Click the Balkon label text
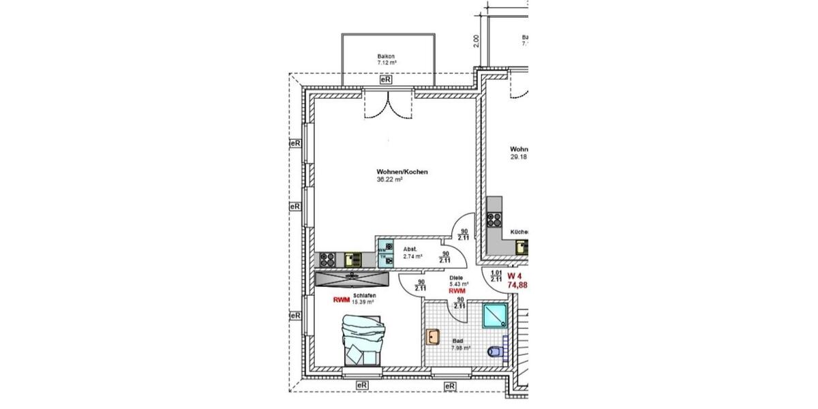coord(387,57)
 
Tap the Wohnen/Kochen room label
coord(402,172)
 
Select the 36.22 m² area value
coord(389,181)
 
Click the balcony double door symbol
coord(387,106)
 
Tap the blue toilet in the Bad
coord(496,352)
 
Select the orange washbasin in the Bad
coord(433,336)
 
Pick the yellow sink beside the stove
coord(351,259)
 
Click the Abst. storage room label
coord(410,249)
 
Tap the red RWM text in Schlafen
coord(342,299)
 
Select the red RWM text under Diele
coord(457,290)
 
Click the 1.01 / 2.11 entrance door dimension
coord(496,275)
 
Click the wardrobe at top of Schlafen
coord(352,278)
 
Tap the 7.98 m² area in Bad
coord(459,348)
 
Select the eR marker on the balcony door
coord(386,80)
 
